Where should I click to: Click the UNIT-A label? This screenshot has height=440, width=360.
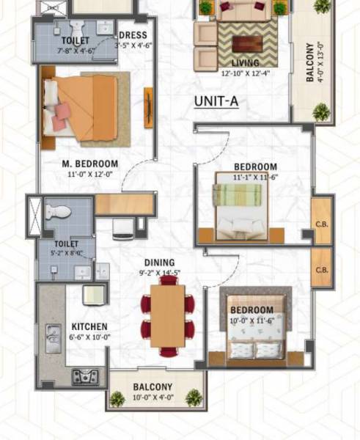pos(216,102)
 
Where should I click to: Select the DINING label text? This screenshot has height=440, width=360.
pos(159,263)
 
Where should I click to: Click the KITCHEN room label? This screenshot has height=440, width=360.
pos(89,326)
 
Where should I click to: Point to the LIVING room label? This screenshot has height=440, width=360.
pos(246,63)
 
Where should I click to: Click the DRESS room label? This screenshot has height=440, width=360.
pos(132,35)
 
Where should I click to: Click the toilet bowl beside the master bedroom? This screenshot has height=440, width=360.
pos(58,212)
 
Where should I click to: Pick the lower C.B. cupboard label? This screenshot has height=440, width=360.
pos(321,270)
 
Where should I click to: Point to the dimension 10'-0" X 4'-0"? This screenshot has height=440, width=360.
pos(153,398)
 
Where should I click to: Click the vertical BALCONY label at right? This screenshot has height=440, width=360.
pos(310,63)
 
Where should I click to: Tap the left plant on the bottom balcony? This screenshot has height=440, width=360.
pos(117,399)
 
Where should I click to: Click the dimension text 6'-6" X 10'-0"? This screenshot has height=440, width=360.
pos(89,337)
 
